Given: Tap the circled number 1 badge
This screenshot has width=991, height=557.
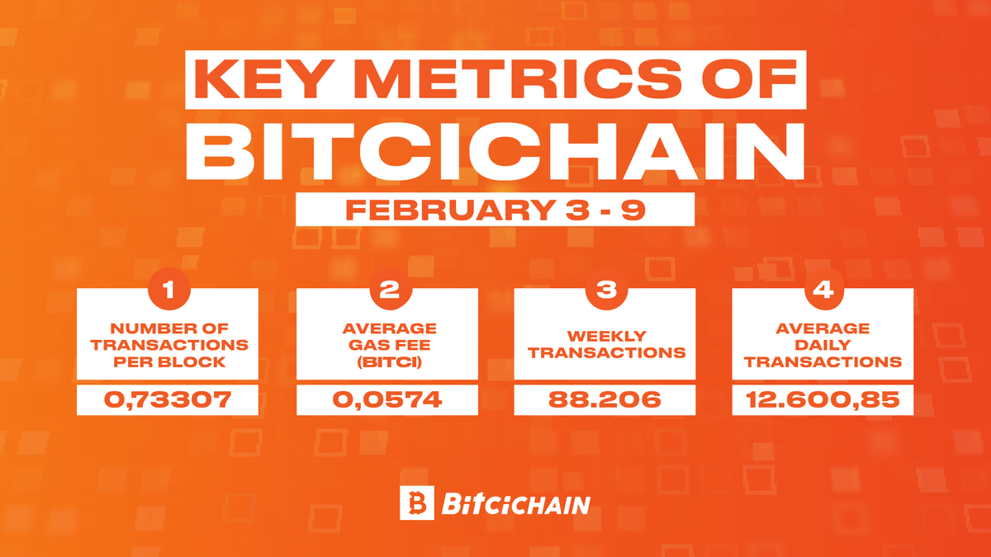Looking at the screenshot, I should point(168,290).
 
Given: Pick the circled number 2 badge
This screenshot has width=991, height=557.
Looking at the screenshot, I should point(387,290).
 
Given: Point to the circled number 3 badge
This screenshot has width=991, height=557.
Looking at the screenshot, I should point(606,290).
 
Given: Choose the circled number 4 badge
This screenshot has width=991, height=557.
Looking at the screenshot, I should point(823,290).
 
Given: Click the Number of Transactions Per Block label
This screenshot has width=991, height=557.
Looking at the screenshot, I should point(168,344).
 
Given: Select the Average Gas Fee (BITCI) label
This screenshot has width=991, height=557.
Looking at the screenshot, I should point(387,344).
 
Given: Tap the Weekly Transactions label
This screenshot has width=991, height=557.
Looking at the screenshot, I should point(606,344).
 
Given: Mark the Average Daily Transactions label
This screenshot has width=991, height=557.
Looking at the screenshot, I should point(823,344).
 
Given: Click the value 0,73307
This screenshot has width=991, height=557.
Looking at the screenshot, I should point(168,400).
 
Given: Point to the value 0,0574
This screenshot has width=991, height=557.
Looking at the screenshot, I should point(387,400).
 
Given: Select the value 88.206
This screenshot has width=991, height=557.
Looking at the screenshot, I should point(606,400).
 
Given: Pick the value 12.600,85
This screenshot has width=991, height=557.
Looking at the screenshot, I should point(823,400).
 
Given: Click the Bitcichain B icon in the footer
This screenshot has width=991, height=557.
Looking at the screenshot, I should point(416,503).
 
